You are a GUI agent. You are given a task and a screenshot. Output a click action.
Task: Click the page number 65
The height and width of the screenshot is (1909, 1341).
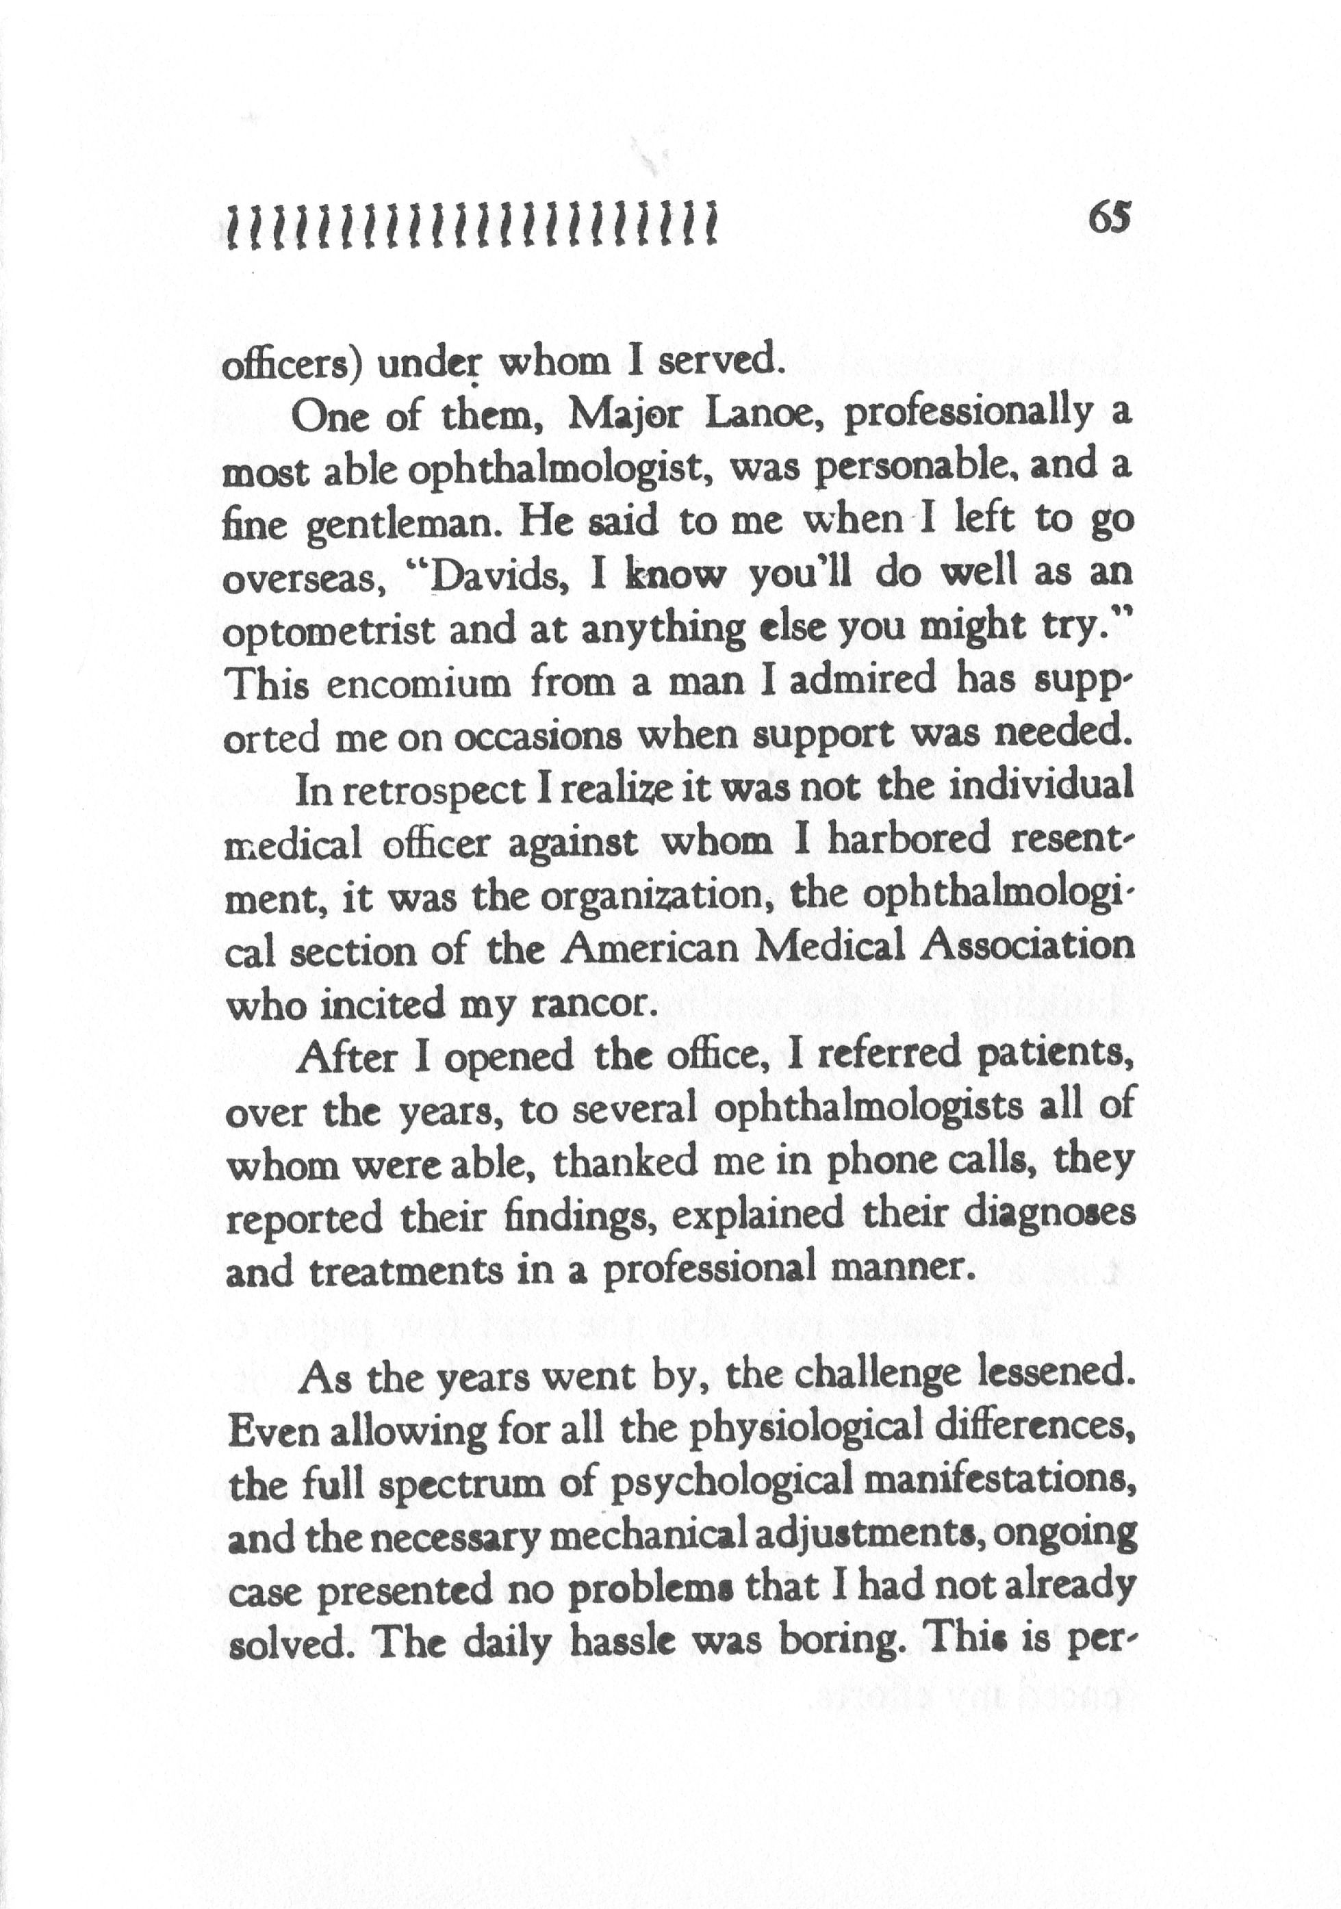(x=1108, y=221)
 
